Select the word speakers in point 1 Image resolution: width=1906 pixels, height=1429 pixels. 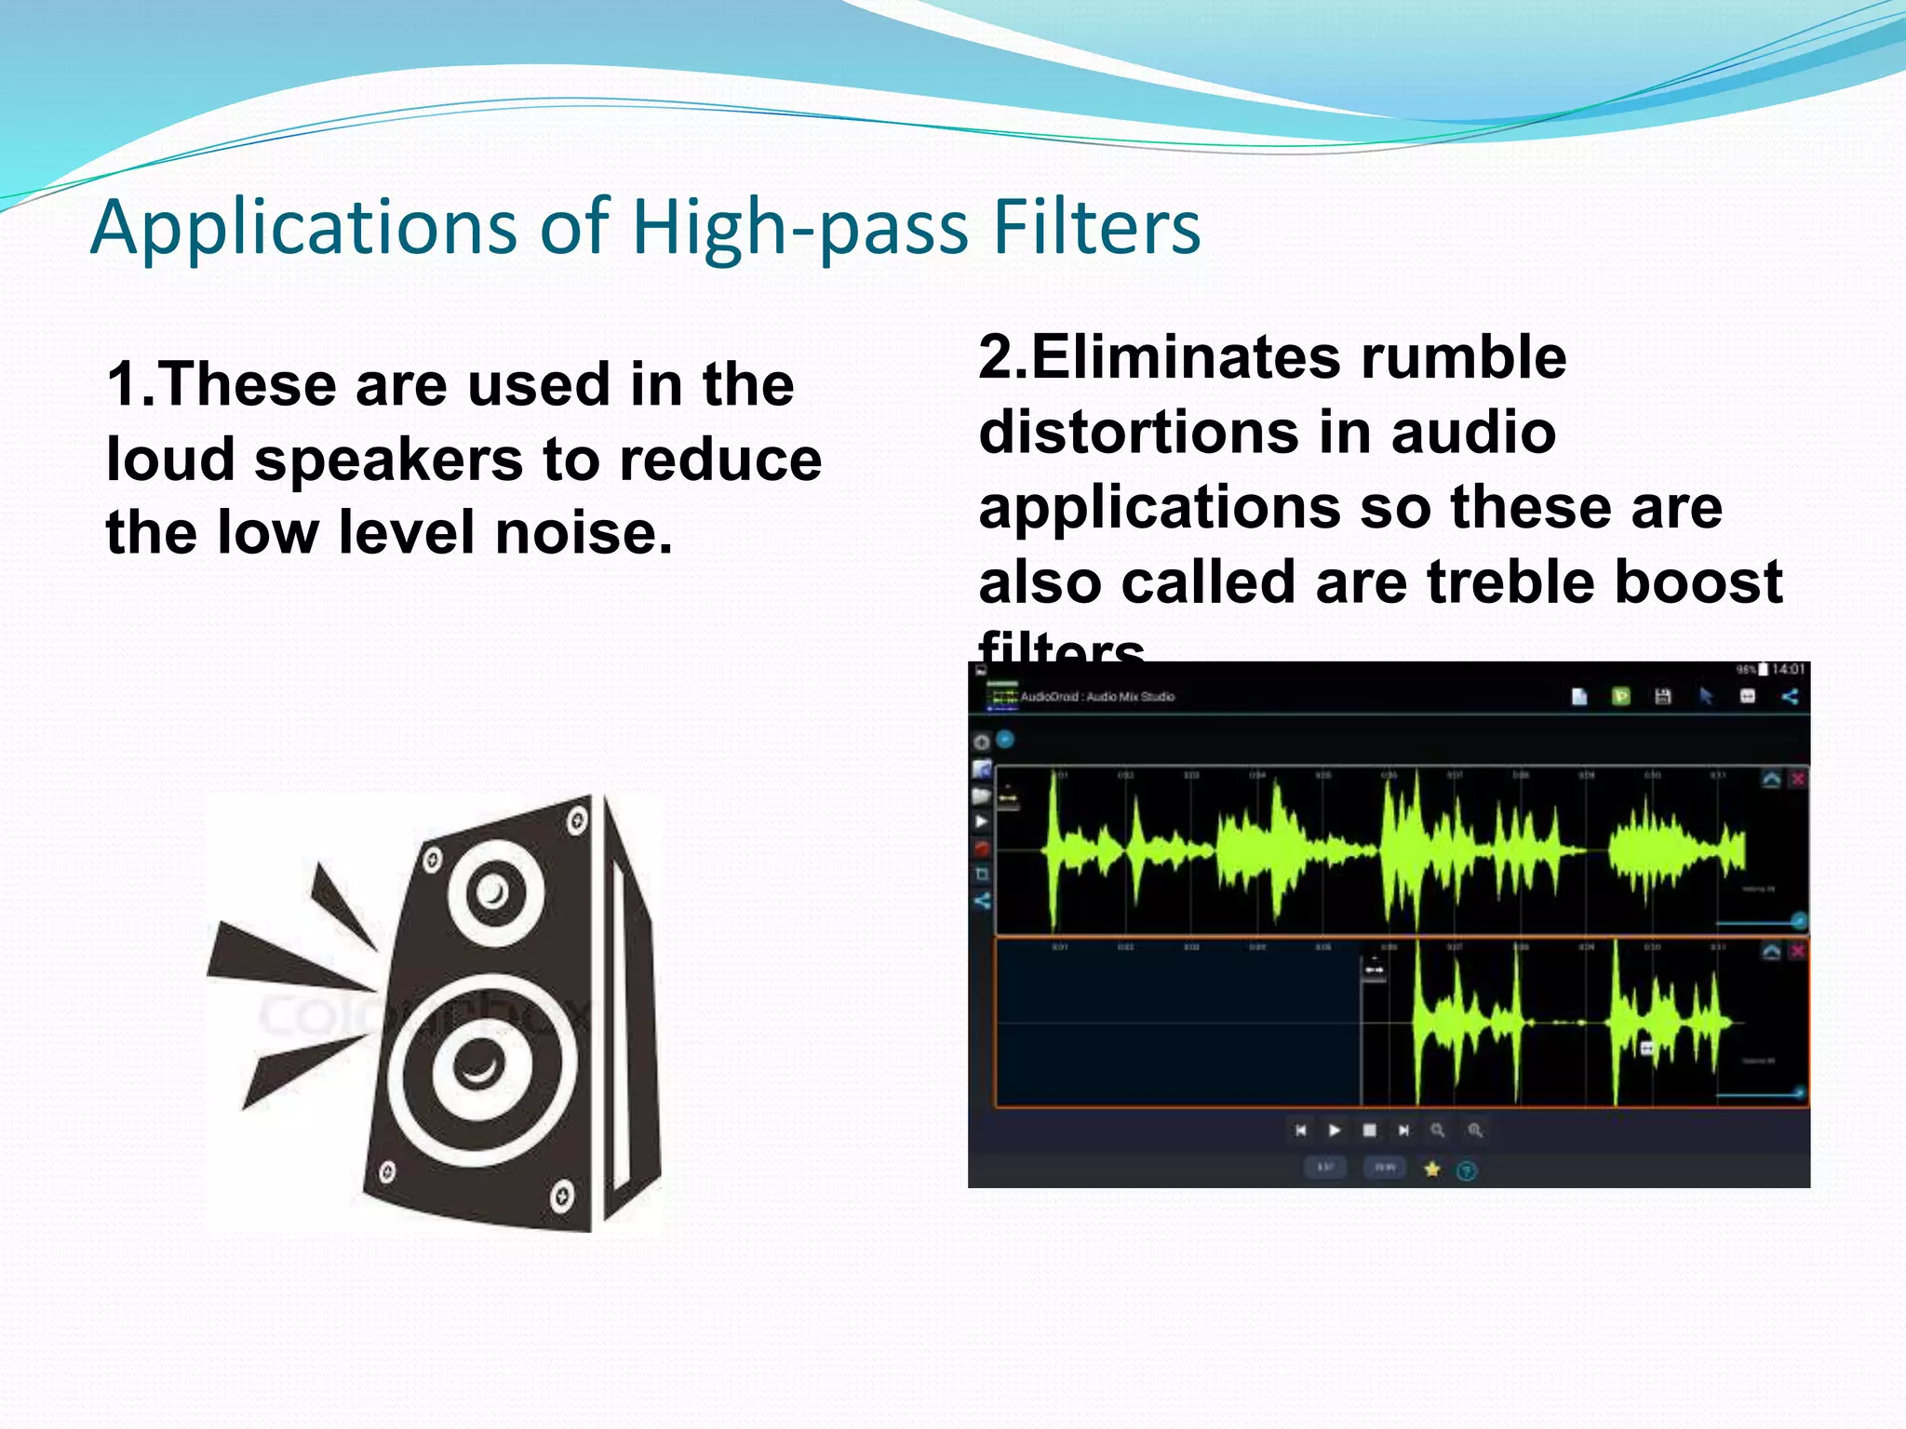(x=389, y=461)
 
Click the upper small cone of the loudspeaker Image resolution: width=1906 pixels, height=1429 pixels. (x=493, y=893)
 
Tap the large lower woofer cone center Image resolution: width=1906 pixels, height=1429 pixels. (x=480, y=1063)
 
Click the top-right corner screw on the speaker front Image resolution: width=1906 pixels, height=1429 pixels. (x=577, y=821)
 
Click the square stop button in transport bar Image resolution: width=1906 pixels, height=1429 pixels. (x=1369, y=1130)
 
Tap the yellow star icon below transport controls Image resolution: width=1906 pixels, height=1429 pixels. (x=1432, y=1169)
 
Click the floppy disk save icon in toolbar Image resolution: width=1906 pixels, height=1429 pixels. (x=1663, y=697)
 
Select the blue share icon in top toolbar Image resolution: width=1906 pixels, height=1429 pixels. (x=1790, y=697)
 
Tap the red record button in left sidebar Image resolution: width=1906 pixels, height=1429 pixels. (x=982, y=848)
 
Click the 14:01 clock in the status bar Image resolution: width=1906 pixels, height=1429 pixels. (x=1788, y=670)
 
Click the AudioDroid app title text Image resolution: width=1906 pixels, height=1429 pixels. (x=1096, y=697)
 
